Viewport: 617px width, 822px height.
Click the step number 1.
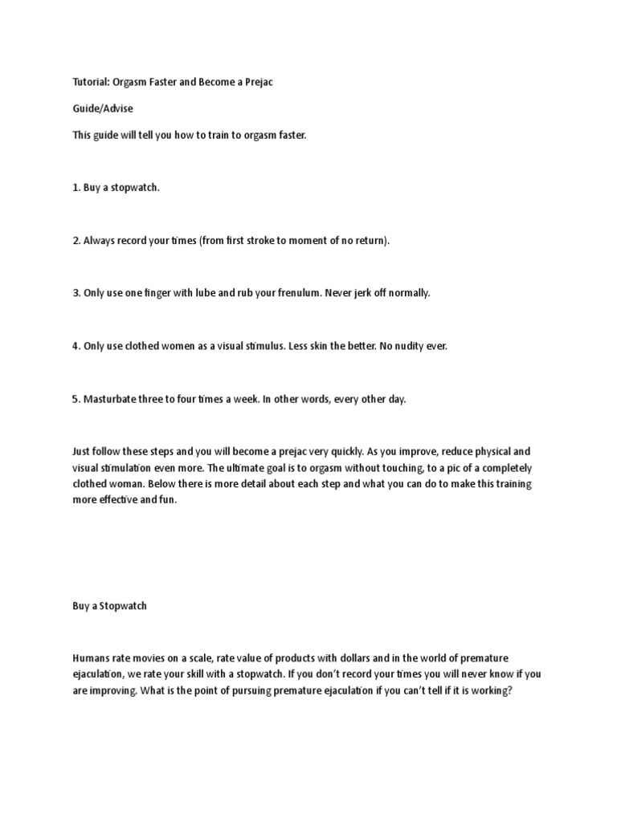tap(76, 188)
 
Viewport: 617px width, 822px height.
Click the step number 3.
tap(76, 293)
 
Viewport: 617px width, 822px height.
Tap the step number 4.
tap(76, 346)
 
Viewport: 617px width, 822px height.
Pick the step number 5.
tap(76, 399)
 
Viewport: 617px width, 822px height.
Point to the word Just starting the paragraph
tap(82, 451)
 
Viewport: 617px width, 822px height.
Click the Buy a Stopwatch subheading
tap(109, 607)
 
